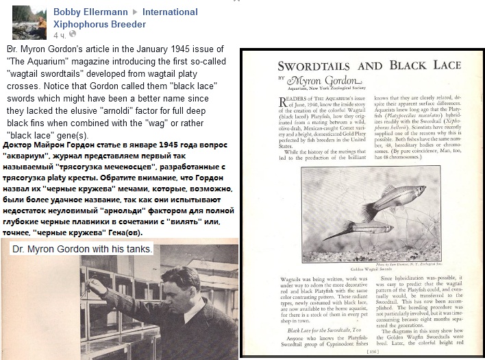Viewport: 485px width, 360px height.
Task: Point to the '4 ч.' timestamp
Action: tap(60, 34)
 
